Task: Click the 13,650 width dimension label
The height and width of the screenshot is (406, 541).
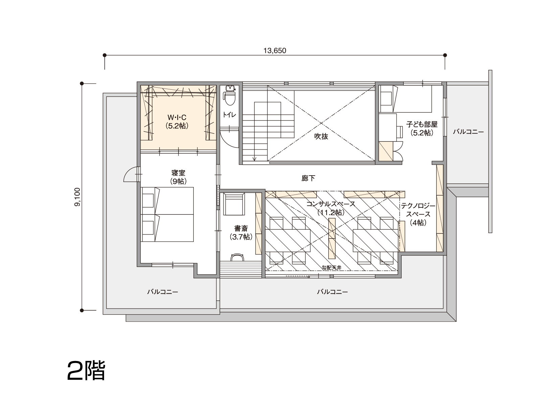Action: click(x=275, y=50)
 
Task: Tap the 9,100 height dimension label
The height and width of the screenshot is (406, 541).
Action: click(x=77, y=197)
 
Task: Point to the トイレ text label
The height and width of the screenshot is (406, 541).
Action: click(x=229, y=115)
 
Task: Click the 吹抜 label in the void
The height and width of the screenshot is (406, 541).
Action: click(x=321, y=136)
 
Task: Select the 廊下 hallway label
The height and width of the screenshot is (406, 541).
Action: click(x=308, y=178)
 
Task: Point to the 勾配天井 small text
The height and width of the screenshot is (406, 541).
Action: click(x=331, y=268)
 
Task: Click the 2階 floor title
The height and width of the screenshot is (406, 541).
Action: click(x=86, y=371)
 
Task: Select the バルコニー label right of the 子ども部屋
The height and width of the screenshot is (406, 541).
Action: click(x=468, y=132)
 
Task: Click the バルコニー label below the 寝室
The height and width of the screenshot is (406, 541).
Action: click(x=163, y=292)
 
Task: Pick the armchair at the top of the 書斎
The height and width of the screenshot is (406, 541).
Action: click(x=234, y=204)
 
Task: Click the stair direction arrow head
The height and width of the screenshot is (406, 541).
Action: click(x=254, y=159)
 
